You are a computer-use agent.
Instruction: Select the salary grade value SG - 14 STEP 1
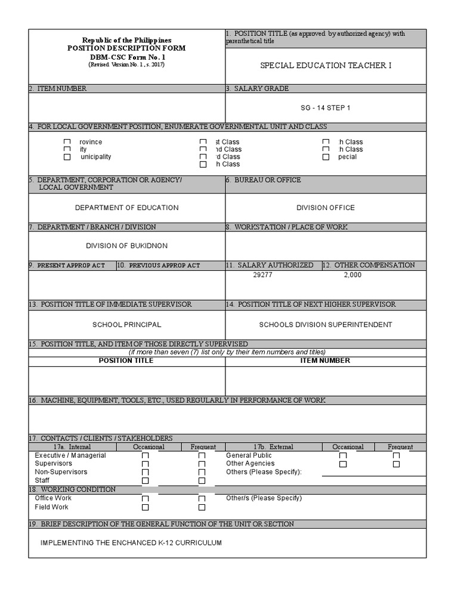pyautogui.click(x=326, y=108)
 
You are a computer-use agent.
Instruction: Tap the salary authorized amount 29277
pyautogui.click(x=262, y=275)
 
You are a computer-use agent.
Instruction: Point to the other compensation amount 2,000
pyautogui.click(x=352, y=275)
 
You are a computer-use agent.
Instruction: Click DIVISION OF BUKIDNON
pyautogui.click(x=126, y=246)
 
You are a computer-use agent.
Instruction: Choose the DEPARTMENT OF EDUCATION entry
pyautogui.click(x=126, y=208)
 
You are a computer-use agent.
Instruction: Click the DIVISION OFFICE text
pyautogui.click(x=326, y=208)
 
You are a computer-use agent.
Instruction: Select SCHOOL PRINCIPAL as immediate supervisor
pyautogui.click(x=126, y=325)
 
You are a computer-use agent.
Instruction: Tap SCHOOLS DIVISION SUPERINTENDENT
pyautogui.click(x=326, y=325)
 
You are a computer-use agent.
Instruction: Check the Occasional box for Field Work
pyautogui.click(x=145, y=507)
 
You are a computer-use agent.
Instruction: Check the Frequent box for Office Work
pyautogui.click(x=202, y=499)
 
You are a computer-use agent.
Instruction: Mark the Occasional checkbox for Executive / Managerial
pyautogui.click(x=145, y=456)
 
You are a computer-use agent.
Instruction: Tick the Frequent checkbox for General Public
pyautogui.click(x=397, y=456)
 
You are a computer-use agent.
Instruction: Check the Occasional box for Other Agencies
pyautogui.click(x=343, y=464)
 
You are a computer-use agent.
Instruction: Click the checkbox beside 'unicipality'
pyautogui.click(x=67, y=157)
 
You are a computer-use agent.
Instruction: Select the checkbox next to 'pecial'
pyautogui.click(x=326, y=157)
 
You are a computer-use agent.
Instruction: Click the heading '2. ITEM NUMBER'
pyautogui.click(x=58, y=88)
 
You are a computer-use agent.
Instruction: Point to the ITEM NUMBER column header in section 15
pyautogui.click(x=326, y=360)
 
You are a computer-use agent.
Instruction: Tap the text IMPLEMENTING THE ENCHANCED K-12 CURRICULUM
pyautogui.click(x=131, y=543)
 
